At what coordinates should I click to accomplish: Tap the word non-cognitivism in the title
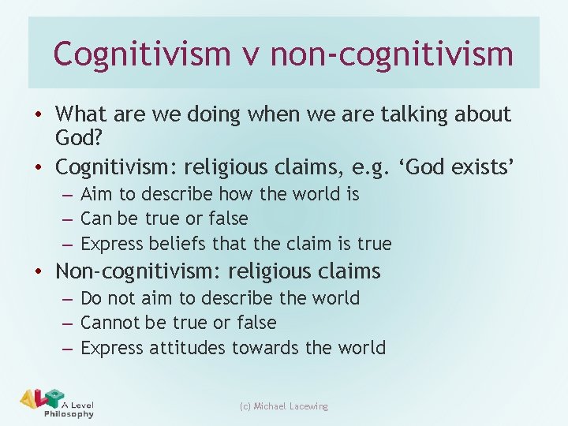click(392, 54)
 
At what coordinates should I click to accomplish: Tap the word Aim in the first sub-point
click(97, 194)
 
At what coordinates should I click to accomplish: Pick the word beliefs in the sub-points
click(172, 243)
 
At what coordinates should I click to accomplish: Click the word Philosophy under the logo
click(69, 414)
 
